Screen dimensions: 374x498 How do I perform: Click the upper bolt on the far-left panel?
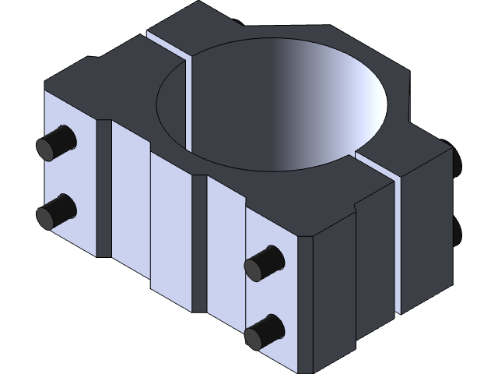pos(56,142)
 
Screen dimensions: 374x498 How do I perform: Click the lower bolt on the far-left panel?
pos(56,210)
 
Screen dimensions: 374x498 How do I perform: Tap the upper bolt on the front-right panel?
pos(263,263)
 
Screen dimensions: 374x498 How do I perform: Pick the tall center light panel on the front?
pos(170,234)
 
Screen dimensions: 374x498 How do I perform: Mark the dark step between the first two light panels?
pos(104,187)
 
